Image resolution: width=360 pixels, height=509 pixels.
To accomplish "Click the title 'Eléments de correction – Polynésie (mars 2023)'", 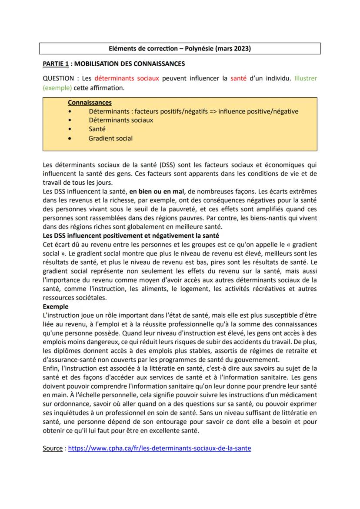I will click(180, 48).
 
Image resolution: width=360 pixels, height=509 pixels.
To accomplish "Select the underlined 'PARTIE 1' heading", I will click(56, 64).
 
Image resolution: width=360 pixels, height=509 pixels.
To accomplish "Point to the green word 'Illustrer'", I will click(306, 79).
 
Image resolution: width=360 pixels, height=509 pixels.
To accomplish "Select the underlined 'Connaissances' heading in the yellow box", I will click(90, 103).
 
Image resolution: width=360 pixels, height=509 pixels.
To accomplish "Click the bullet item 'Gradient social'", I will click(110, 138).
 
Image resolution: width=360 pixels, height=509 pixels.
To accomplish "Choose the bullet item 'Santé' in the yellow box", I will click(97, 129).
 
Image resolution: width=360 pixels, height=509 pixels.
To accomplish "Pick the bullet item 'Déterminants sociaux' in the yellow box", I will click(120, 120).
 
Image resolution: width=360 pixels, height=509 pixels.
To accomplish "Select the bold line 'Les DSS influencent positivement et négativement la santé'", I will click(131, 236).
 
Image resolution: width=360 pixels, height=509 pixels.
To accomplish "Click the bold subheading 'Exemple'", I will click(56, 306).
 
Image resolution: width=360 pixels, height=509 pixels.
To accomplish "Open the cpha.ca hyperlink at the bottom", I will click(160, 448).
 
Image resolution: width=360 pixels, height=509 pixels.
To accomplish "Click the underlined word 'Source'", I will click(53, 448).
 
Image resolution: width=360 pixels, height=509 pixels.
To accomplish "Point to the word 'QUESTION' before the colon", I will click(59, 79).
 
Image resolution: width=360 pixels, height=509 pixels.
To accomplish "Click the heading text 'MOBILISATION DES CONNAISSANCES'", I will click(130, 64).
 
